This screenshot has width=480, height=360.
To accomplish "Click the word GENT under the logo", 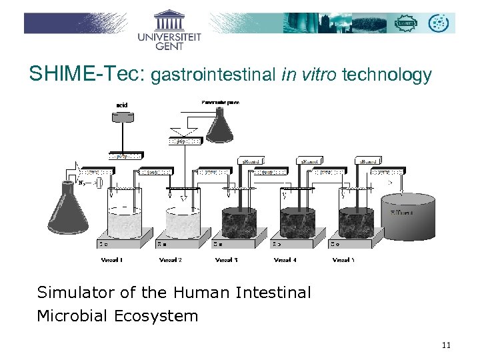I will [169, 46].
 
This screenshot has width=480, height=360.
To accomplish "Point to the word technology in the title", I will [387, 75].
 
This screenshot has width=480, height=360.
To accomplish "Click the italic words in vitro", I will [309, 75].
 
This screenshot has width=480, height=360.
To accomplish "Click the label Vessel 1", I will [112, 259].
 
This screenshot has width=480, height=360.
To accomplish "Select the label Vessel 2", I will [170, 259].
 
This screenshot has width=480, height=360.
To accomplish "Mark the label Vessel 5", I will [343, 259].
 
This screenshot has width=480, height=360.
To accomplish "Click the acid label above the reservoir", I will [121, 105].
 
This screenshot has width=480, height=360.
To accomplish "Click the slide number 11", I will [446, 345].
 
